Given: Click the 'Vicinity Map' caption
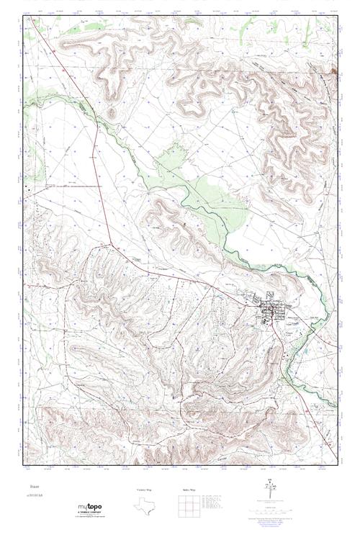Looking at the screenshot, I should click(145, 490).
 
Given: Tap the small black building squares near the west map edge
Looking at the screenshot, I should click(27, 189).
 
